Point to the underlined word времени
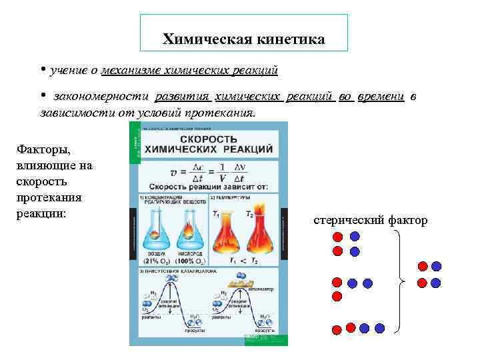click(x=381, y=97)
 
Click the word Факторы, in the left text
click(x=42, y=150)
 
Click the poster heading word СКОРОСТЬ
click(x=208, y=137)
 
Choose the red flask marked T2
click(x=257, y=230)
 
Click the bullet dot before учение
click(x=41, y=69)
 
